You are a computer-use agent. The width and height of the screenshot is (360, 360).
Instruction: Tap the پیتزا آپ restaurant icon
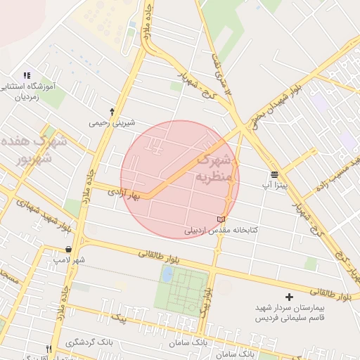pyautogui.click(x=274, y=174)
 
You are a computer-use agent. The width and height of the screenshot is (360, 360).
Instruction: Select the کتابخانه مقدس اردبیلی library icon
pyautogui.click(x=222, y=219)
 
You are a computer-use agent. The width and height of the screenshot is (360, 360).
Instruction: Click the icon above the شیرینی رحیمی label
pyautogui.click(x=112, y=111)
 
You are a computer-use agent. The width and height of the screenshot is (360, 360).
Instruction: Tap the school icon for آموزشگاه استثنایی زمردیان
pyautogui.click(x=27, y=75)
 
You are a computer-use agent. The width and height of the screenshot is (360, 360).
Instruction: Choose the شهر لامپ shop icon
pyautogui.click(x=67, y=249)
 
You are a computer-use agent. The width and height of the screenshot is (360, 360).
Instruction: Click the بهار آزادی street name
pyautogui.click(x=124, y=192)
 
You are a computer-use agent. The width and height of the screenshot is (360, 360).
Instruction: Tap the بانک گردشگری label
pyautogui.click(x=89, y=342)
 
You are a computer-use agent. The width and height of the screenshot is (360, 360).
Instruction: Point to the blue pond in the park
pyautogui.click(x=167, y=275)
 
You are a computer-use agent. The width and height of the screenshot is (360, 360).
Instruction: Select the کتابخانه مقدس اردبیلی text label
pyautogui.click(x=221, y=230)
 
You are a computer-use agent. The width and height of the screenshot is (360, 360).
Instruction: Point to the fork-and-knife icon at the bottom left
pyautogui.click(x=49, y=349)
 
